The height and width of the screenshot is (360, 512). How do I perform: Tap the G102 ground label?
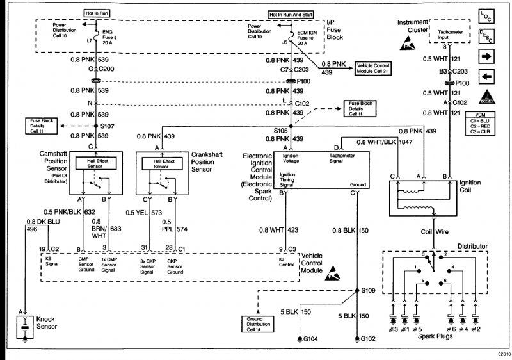tap(369, 338)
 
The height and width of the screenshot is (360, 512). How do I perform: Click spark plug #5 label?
tap(417, 329)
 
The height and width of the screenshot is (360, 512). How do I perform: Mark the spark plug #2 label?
tap(475, 329)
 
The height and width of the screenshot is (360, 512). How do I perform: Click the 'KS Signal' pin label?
tap(49, 263)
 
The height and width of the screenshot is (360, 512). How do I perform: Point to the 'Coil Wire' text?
tap(434, 231)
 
